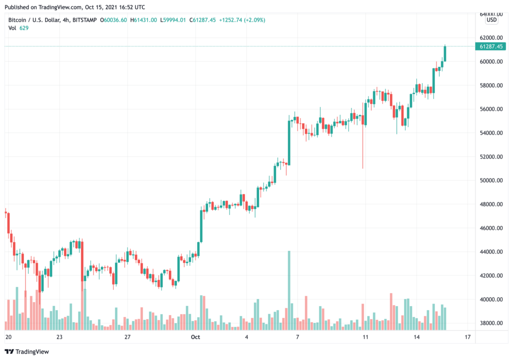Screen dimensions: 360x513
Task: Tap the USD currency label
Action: click(492, 20)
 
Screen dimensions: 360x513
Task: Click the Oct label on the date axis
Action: click(195, 337)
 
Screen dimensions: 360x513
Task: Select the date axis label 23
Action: click(59, 337)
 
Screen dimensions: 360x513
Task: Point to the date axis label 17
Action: click(467, 337)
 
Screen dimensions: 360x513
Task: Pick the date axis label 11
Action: click(365, 337)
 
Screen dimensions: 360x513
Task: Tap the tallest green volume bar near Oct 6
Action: click(289, 290)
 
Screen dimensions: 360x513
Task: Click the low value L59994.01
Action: click(173, 20)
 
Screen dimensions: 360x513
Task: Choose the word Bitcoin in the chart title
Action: click(18, 20)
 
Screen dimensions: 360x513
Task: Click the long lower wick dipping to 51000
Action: click(363, 150)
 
